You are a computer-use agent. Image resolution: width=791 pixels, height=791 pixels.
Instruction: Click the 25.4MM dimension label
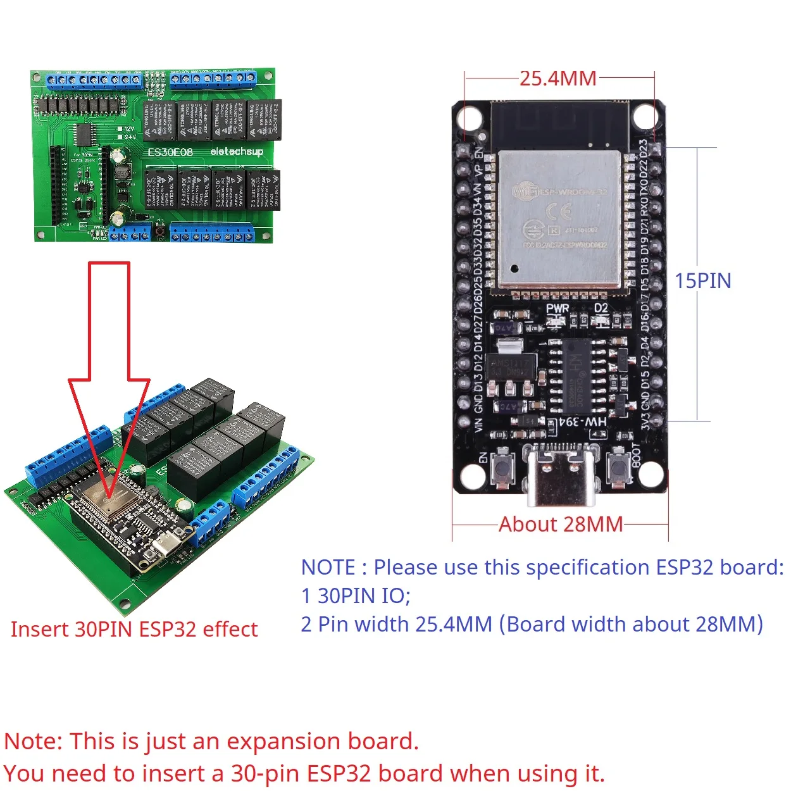point(558,78)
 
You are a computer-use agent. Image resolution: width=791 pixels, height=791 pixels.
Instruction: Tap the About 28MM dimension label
point(561,525)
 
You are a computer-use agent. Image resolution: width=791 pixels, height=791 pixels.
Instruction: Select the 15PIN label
point(702,281)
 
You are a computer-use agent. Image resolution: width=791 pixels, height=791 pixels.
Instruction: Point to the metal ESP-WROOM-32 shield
point(558,218)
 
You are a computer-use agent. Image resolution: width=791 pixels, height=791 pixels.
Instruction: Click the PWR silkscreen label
point(557,309)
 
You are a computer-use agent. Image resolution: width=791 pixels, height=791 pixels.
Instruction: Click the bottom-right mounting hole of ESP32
point(651,475)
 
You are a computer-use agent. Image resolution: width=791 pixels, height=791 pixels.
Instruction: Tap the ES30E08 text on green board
point(170,153)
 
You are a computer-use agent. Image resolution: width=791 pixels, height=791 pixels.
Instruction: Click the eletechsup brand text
point(236,152)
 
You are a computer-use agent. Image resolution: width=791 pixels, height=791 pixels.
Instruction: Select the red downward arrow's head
point(109,437)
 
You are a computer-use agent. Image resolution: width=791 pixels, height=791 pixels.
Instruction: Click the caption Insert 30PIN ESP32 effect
point(134,630)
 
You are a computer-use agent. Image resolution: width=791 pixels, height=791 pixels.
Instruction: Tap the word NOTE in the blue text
point(328,568)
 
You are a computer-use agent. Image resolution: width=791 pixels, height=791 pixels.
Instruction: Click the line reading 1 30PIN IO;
point(356,596)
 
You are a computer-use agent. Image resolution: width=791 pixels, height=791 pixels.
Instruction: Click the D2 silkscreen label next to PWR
point(601,309)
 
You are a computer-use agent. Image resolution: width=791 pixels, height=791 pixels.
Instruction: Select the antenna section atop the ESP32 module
point(559,125)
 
